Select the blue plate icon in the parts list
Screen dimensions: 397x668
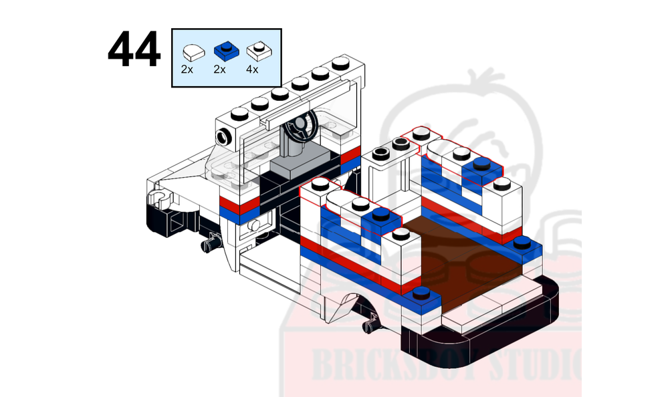tap(225, 50)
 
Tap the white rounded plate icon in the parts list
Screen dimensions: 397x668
tap(191, 51)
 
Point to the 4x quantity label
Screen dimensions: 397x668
tap(252, 68)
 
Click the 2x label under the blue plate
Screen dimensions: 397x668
tap(219, 68)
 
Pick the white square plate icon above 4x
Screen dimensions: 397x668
tap(257, 50)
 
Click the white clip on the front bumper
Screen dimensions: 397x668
tap(158, 197)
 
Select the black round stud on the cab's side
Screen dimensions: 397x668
tap(223, 136)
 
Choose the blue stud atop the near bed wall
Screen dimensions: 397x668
tap(380, 214)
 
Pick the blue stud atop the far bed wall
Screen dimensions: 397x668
tap(480, 163)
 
